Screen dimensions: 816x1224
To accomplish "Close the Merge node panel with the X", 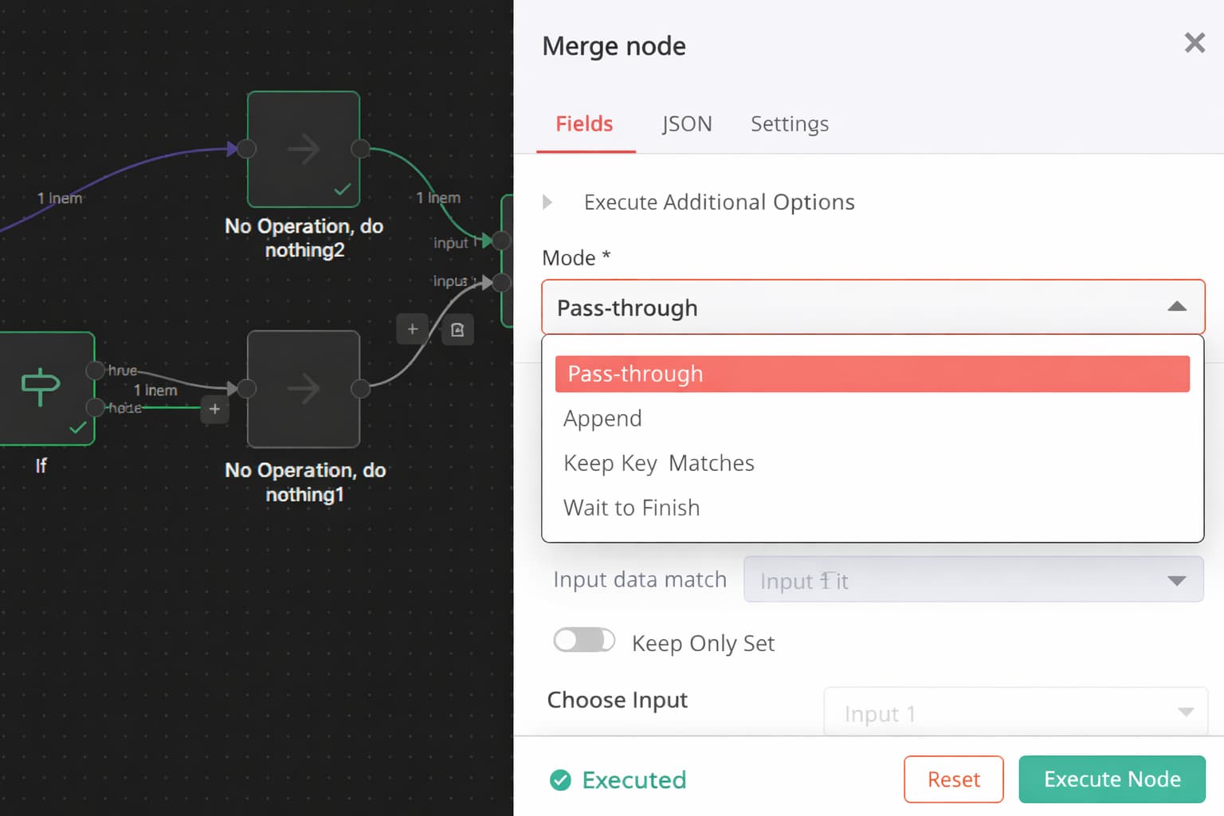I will click(x=1194, y=43).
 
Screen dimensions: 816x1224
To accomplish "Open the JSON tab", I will click(x=686, y=124).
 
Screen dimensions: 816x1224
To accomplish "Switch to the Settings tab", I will click(x=789, y=124).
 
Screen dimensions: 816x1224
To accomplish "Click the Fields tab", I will click(x=584, y=124).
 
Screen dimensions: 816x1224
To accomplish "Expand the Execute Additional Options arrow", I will click(x=547, y=202).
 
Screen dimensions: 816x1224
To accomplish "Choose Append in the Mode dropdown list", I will click(x=602, y=418).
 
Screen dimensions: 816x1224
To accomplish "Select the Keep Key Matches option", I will click(x=658, y=463).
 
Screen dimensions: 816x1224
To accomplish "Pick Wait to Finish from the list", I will click(x=631, y=508).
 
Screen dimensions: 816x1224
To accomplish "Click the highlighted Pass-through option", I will click(x=872, y=374).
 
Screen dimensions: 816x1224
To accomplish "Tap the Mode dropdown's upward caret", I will click(x=1176, y=307).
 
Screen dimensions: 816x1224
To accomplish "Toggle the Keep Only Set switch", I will click(x=584, y=641).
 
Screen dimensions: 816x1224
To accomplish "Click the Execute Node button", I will click(x=1112, y=779).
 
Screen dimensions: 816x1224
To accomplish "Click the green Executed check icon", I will click(x=560, y=780).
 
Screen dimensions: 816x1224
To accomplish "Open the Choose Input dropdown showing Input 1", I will click(x=1015, y=712).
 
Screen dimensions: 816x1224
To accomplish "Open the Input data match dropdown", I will click(x=973, y=580).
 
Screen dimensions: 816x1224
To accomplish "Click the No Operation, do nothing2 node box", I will click(x=304, y=149).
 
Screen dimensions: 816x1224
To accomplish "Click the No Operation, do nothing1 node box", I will click(x=304, y=389).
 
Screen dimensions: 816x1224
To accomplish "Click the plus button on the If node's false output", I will click(x=214, y=409).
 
